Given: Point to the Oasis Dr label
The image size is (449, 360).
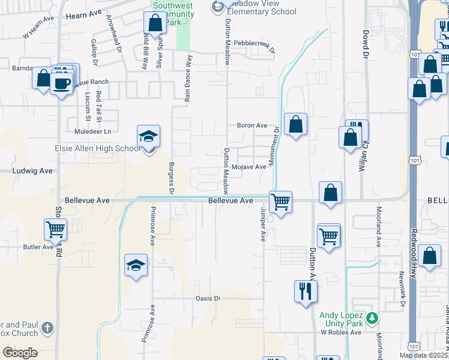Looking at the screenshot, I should tap(208, 298).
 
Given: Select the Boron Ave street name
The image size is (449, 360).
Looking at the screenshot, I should tap(252, 125).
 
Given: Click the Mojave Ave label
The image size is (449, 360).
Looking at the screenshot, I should tap(249, 167).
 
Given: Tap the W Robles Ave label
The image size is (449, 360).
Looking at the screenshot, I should tap(340, 332).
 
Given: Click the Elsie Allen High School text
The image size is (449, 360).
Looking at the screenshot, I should tap(89, 149).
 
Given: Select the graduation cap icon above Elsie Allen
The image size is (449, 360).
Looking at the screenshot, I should tap(148, 136).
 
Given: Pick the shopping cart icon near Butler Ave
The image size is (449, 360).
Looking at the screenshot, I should tap(55, 229).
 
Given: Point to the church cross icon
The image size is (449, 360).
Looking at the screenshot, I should tap(48, 328).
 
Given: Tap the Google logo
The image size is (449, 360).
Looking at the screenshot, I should tap(20, 353).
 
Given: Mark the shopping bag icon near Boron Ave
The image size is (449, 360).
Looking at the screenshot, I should tap(295, 125).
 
